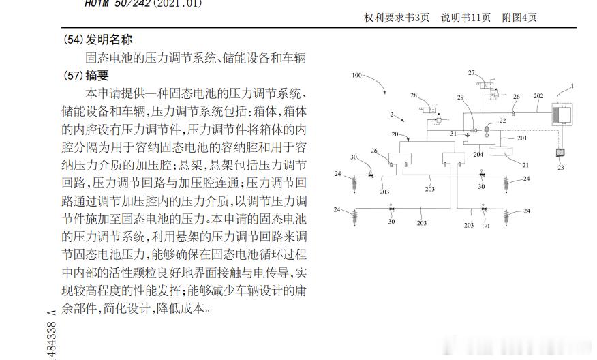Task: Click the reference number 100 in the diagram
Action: tap(356, 76)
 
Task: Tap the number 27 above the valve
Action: tap(471, 72)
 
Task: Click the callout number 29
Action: tap(460, 98)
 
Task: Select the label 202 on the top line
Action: tap(538, 97)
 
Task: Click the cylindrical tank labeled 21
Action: tap(504, 153)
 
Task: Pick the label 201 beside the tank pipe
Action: tap(521, 138)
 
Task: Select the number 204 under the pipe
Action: tap(478, 155)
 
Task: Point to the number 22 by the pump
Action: tap(502, 121)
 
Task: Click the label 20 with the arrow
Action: tap(395, 134)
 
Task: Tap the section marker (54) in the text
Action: tap(73, 40)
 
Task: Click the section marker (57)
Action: tap(73, 76)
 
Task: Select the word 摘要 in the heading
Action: tap(97, 76)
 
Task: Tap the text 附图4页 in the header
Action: tap(519, 18)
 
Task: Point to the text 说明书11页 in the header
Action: tap(465, 18)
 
